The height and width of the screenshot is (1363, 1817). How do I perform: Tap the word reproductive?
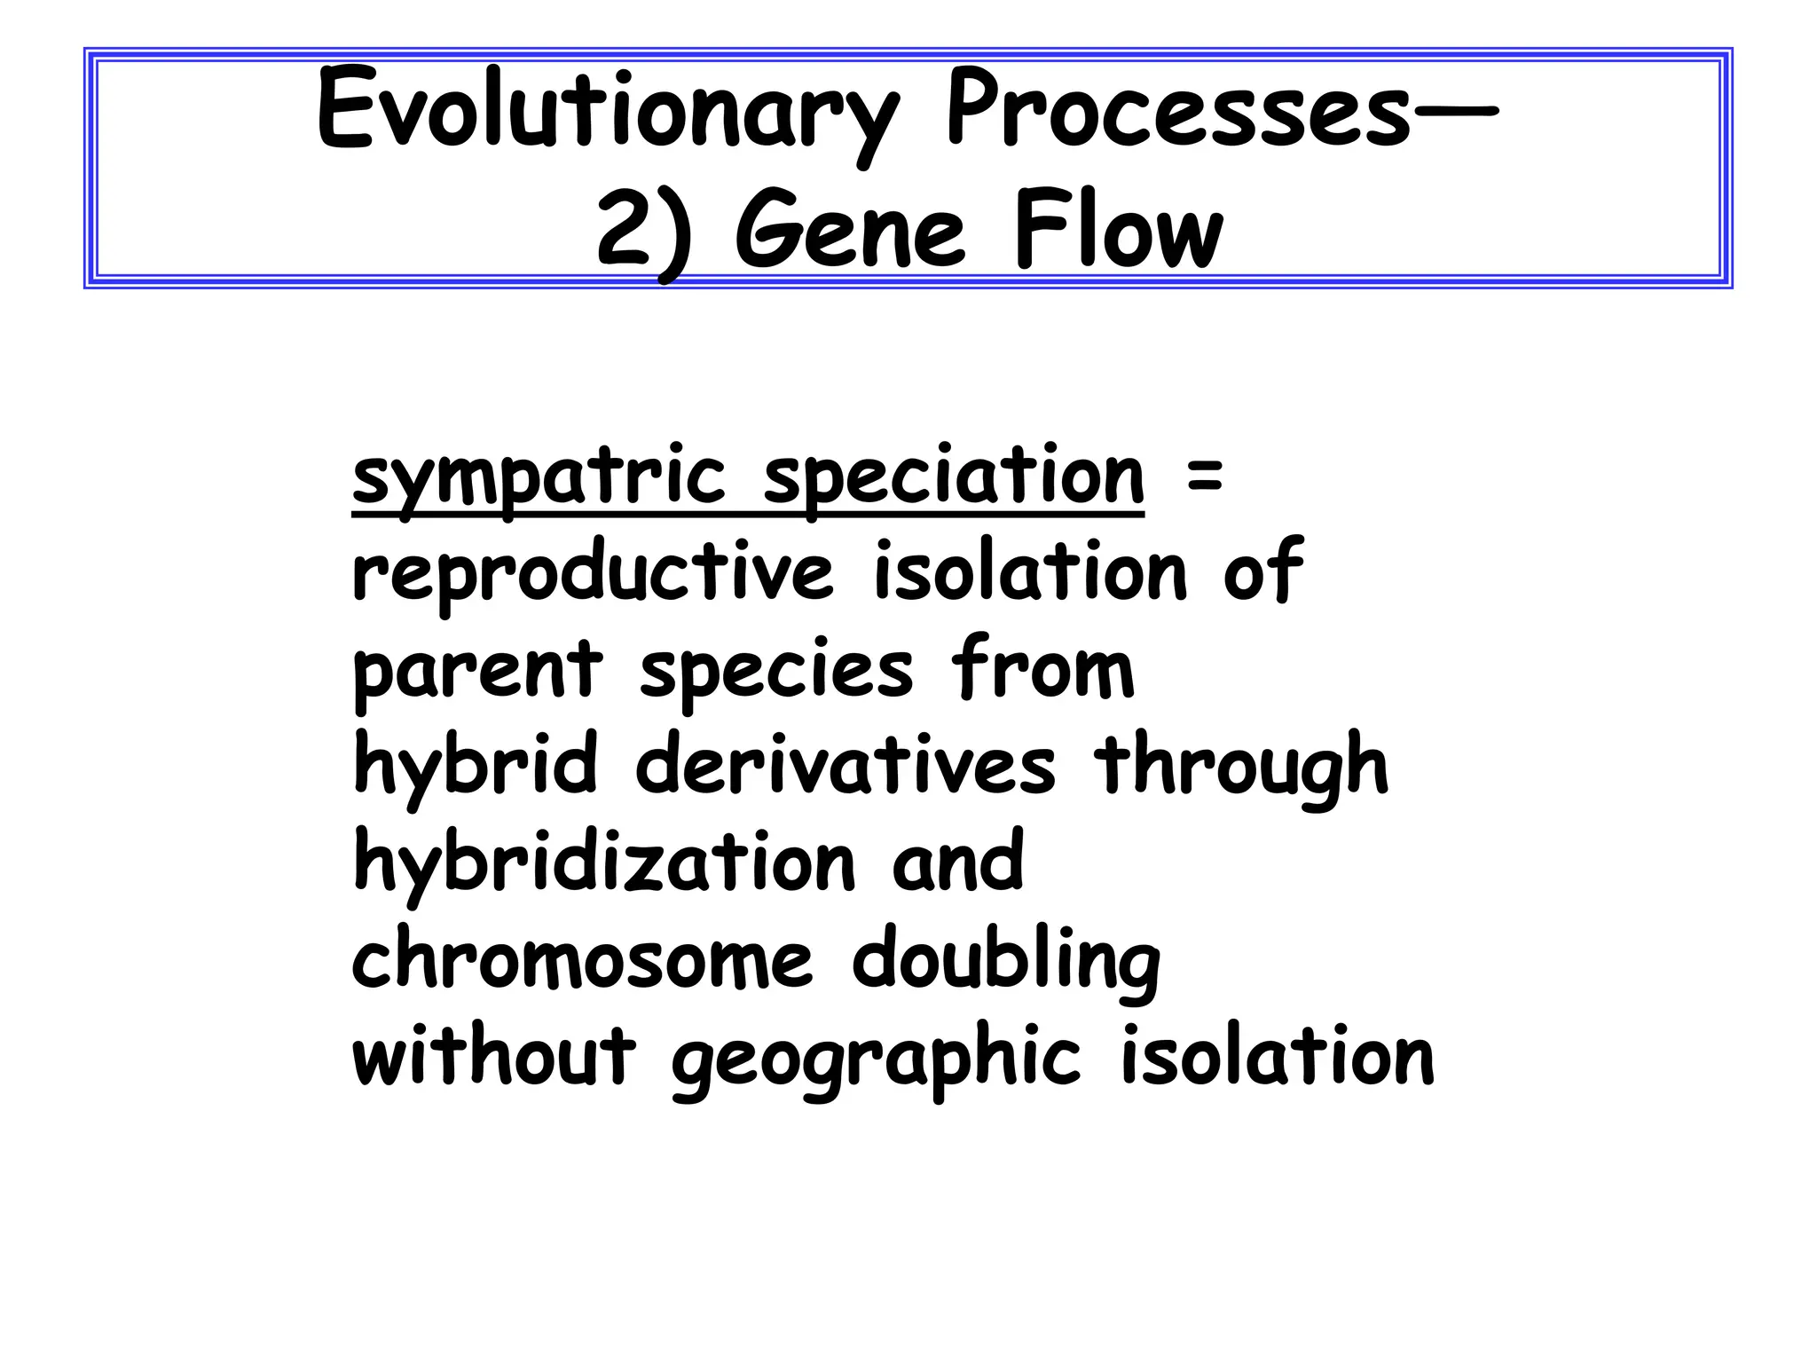pyautogui.click(x=593, y=574)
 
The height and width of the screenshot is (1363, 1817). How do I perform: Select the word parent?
pyautogui.click(x=477, y=672)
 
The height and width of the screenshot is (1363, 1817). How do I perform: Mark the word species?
pyautogui.click(x=775, y=672)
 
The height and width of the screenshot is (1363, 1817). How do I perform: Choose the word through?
pyautogui.click(x=1241, y=768)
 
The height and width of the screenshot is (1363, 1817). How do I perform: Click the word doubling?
pyautogui.click(x=1005, y=962)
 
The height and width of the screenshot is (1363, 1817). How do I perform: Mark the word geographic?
pyautogui.click(x=877, y=1060)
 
